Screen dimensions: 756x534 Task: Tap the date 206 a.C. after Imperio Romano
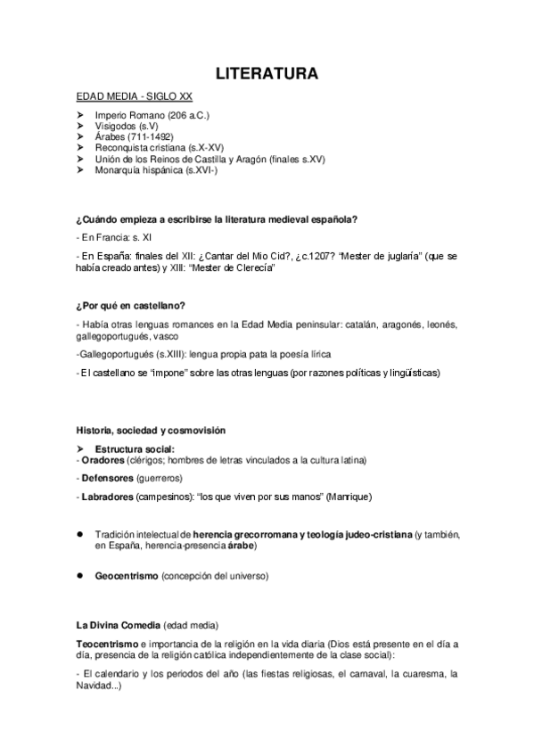(190, 116)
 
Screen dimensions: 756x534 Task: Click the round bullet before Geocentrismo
(80, 575)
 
